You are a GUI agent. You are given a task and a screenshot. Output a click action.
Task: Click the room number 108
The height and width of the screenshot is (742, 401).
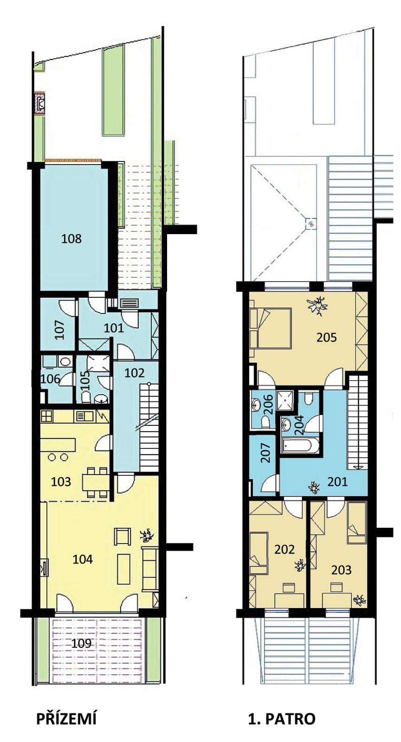71,238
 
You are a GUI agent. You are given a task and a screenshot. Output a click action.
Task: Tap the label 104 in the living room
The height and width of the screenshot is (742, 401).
83,559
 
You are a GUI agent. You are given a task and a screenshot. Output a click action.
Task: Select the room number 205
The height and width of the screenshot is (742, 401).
326,338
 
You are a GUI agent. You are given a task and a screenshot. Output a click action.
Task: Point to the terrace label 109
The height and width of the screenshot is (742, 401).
81,643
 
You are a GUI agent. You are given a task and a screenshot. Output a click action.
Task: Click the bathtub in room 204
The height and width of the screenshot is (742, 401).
300,446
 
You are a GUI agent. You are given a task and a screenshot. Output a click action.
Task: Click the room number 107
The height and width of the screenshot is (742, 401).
60,330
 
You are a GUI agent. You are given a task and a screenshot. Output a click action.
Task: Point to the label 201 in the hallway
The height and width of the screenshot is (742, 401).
337,482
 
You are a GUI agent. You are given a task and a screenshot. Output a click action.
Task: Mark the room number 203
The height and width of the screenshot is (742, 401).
341,570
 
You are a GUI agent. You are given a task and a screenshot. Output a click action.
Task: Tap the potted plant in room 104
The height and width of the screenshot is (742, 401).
147,535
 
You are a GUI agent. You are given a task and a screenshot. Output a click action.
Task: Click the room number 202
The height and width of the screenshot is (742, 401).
285,550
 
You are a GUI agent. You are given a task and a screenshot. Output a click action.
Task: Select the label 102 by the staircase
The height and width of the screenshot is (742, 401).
134,373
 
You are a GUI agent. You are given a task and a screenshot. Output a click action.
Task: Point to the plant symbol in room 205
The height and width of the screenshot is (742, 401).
317,305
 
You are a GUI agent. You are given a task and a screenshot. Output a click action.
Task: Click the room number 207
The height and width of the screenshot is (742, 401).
266,453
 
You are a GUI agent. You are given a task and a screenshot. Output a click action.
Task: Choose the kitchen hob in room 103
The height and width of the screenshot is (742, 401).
46,416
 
